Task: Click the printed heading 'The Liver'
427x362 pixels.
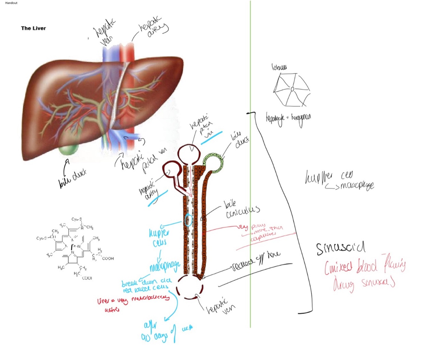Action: (33, 28)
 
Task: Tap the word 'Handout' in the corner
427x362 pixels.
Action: (11, 3)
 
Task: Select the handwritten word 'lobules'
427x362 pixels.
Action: (279, 67)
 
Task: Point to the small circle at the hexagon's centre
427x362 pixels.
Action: (292, 89)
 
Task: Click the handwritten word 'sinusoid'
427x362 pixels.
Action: (340, 248)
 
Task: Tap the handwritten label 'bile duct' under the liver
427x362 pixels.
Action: (72, 178)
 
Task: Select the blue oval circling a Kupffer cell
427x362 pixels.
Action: (188, 220)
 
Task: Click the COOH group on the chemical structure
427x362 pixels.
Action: (108, 258)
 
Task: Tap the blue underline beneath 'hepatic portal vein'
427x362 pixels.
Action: (212, 138)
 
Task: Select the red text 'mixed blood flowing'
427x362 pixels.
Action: (365, 266)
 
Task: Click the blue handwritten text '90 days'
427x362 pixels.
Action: (155, 337)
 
